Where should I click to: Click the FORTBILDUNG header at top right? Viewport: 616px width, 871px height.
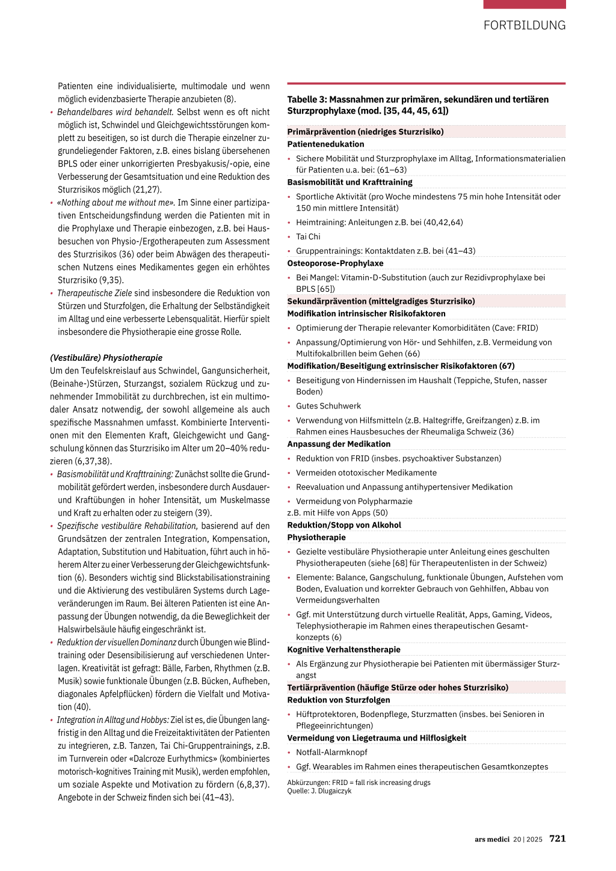click(524, 25)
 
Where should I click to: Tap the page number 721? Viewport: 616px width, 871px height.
click(557, 839)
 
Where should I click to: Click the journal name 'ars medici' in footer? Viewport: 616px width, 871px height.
click(491, 839)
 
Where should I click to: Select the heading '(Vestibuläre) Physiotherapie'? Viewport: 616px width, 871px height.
click(106, 358)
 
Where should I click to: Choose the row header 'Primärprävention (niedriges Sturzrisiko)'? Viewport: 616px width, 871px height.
click(365, 132)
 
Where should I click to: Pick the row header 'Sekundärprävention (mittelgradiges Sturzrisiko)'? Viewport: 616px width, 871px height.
click(381, 301)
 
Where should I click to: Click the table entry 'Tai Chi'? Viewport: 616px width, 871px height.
click(308, 237)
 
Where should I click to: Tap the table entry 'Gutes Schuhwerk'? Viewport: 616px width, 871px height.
click(328, 406)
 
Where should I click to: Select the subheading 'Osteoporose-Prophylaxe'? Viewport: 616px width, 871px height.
click(335, 263)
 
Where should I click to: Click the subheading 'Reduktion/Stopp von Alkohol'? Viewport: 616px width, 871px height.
click(344, 525)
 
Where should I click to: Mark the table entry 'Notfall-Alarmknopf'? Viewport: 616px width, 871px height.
click(331, 753)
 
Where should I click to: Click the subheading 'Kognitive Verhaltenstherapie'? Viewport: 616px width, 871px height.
click(343, 650)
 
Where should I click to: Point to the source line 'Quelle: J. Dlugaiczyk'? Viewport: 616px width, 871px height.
click(319, 791)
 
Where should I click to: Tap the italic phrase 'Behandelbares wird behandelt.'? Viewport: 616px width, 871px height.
click(115, 112)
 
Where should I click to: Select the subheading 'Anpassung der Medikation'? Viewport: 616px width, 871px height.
click(339, 444)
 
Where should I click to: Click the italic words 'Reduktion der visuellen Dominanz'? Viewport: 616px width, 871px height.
click(117, 642)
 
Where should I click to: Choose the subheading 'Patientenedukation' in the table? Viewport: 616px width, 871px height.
click(325, 144)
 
